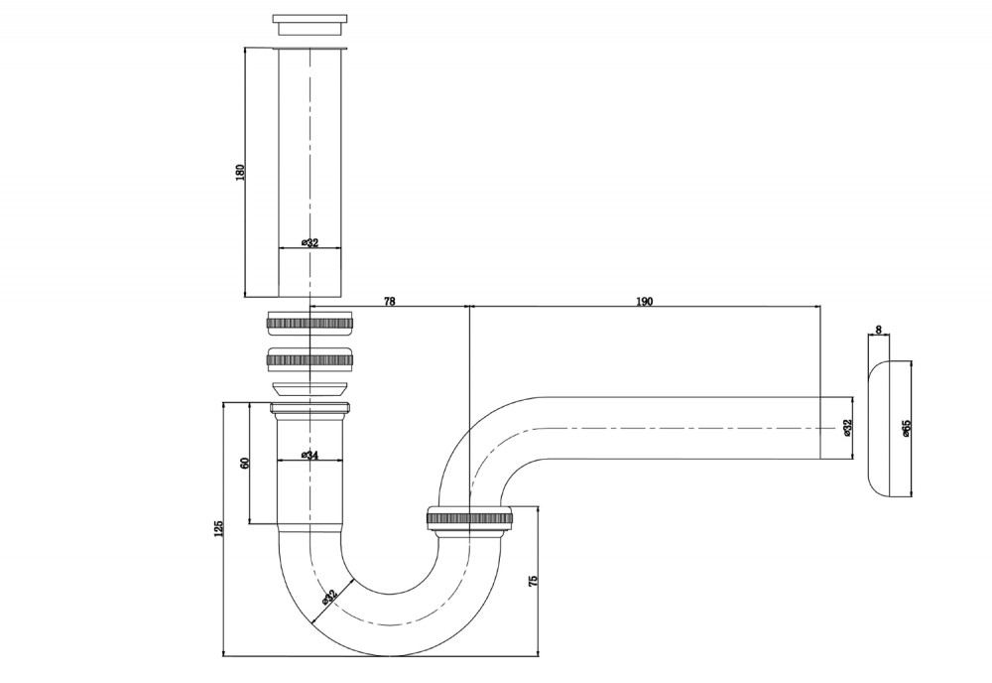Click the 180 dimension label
pos(239,172)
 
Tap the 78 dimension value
pos(390,302)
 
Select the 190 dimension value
pos(644,302)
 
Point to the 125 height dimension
pos(219,528)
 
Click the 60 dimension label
pos(245,462)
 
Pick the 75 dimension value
pos(533,580)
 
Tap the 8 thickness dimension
pos(879,330)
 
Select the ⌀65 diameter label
pos(907,428)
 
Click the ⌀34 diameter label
pos(310,455)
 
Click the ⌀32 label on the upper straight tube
pos(310,242)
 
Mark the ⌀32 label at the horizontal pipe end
pos(848,428)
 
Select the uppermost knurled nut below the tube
pos(310,323)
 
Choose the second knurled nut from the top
pos(310,359)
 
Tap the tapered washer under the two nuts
pos(310,388)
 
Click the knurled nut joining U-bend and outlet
pos(469,518)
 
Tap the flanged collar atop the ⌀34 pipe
pos(310,409)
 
